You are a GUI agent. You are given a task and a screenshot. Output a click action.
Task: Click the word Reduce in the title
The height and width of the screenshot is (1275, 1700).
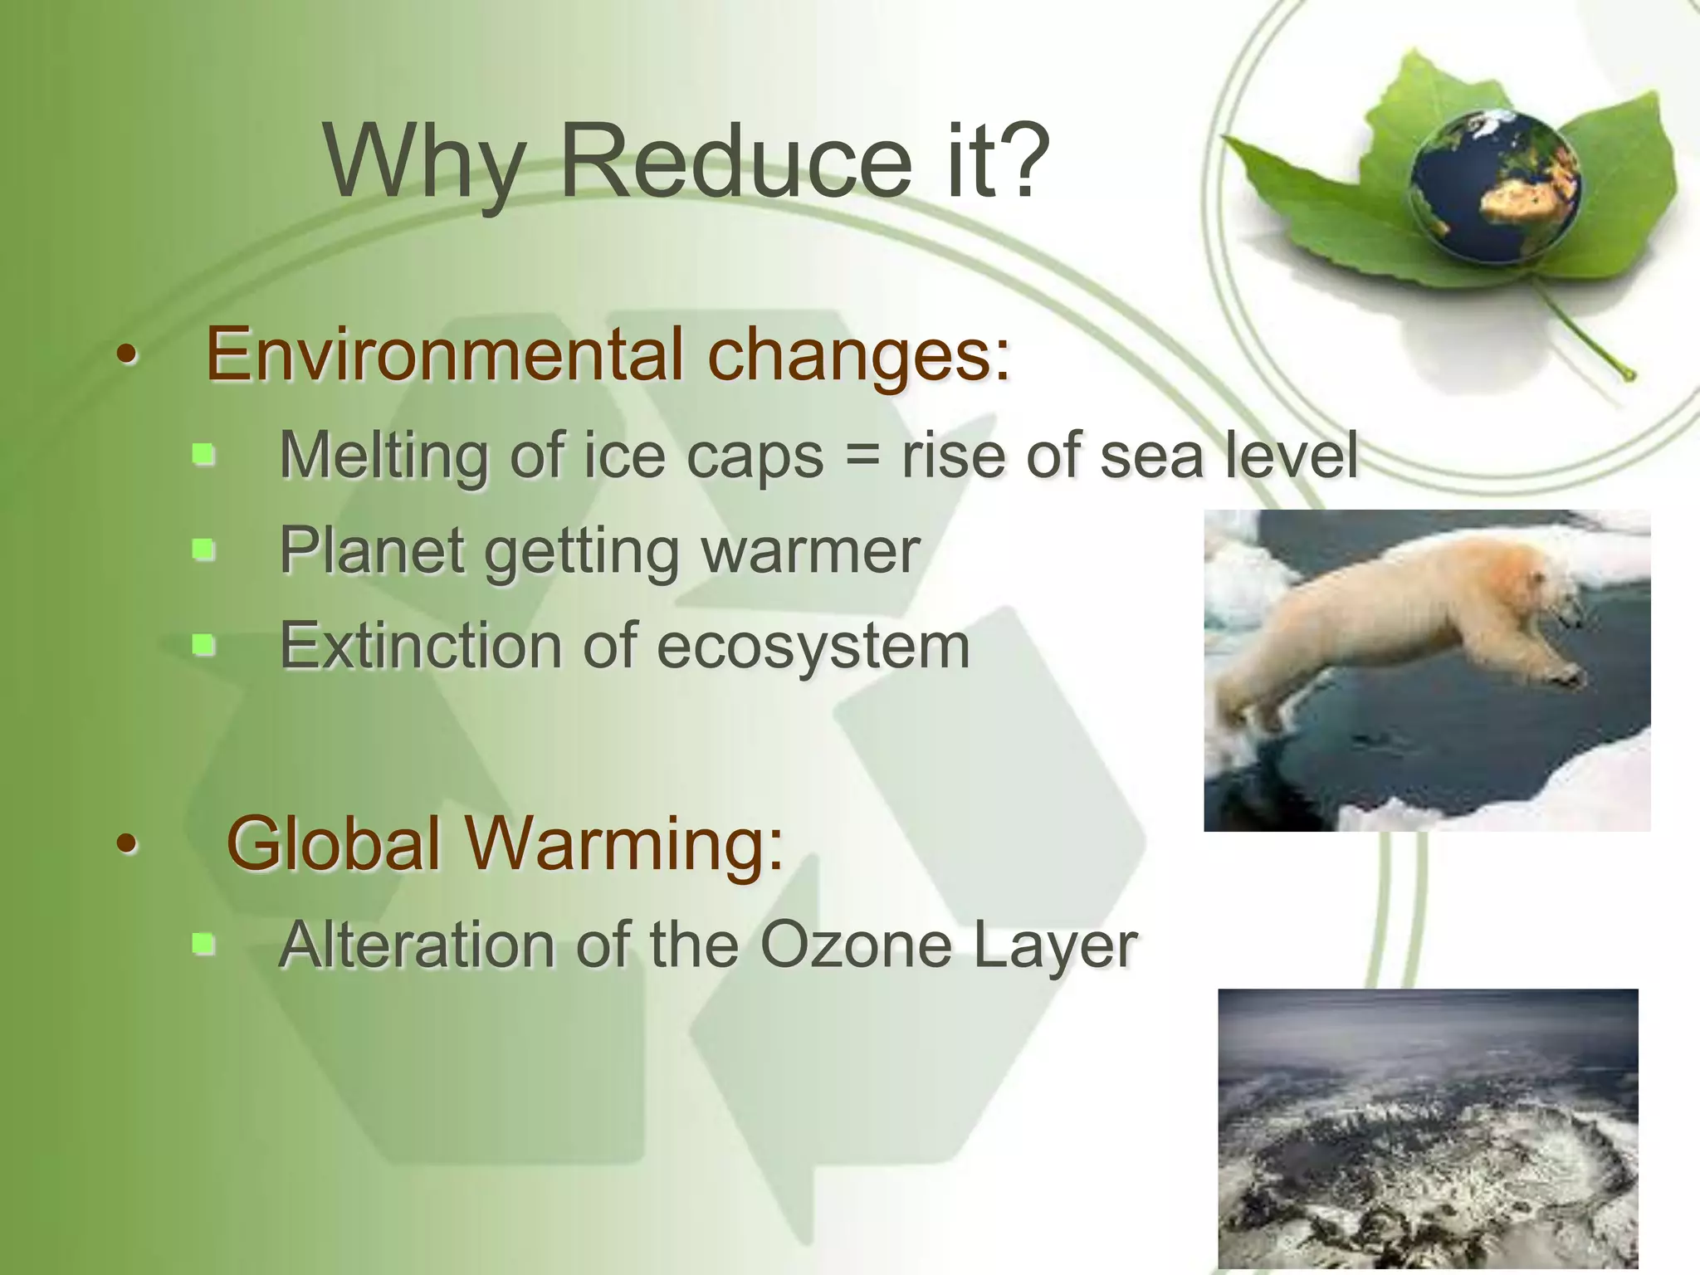click(x=735, y=162)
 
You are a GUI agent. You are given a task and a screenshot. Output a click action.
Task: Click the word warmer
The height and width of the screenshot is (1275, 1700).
click(x=811, y=551)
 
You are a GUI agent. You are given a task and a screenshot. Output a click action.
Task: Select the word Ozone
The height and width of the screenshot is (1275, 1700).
click(x=855, y=945)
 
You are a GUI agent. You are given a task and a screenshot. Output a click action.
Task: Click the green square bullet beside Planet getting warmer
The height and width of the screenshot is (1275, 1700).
click(x=203, y=550)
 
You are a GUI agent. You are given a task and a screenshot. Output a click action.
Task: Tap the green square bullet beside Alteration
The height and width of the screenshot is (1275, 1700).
click(x=203, y=944)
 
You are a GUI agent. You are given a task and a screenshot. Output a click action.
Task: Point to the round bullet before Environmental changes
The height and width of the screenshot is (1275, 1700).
click(x=126, y=356)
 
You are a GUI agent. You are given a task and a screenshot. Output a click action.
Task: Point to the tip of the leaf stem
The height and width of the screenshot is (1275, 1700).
click(x=1629, y=375)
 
